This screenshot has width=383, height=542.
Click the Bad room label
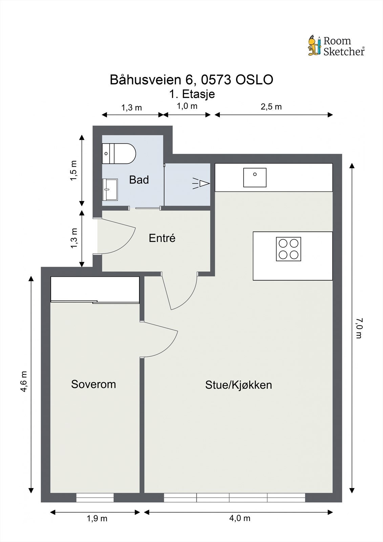click(x=139, y=180)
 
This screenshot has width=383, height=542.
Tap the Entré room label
click(x=162, y=238)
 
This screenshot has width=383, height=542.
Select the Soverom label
click(x=93, y=384)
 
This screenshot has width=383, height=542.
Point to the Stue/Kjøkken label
click(x=238, y=385)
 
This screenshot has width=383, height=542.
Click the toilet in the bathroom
click(x=119, y=153)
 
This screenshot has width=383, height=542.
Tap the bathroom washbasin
click(x=110, y=190)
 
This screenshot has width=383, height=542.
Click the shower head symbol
click(x=201, y=184)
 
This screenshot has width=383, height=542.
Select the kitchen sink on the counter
click(x=255, y=178)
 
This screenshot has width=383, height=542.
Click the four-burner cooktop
click(x=289, y=249)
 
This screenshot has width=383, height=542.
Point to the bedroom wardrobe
click(x=95, y=290)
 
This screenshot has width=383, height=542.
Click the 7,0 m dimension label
click(x=360, y=328)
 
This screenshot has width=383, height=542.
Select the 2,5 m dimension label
click(x=271, y=107)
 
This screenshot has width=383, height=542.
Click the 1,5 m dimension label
click(x=74, y=170)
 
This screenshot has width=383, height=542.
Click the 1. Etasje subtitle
click(x=192, y=94)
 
